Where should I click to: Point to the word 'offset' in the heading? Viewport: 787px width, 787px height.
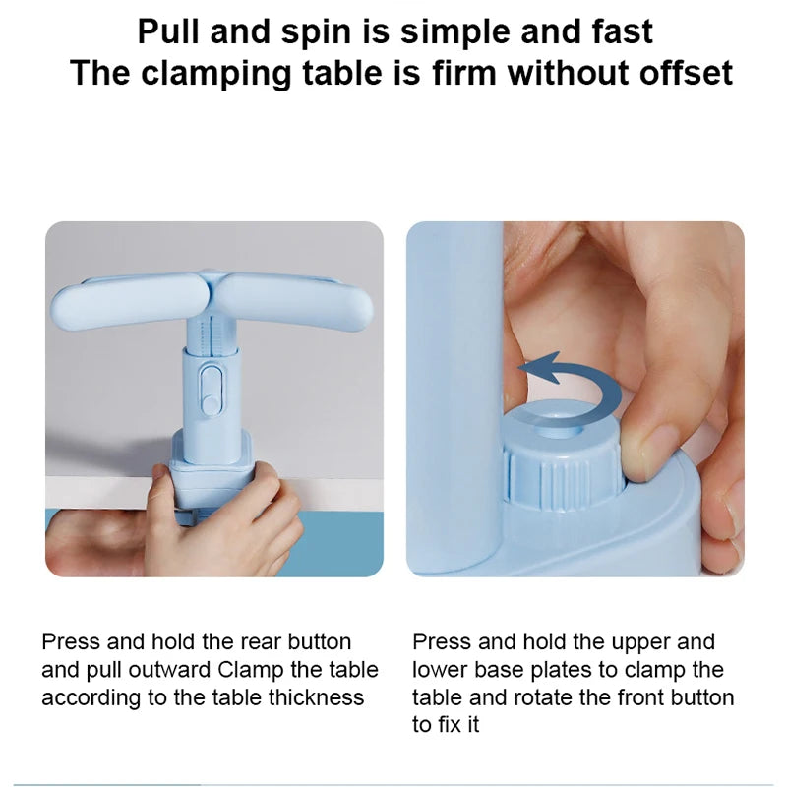(x=686, y=73)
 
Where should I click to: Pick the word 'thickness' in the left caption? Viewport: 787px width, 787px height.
(x=316, y=697)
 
